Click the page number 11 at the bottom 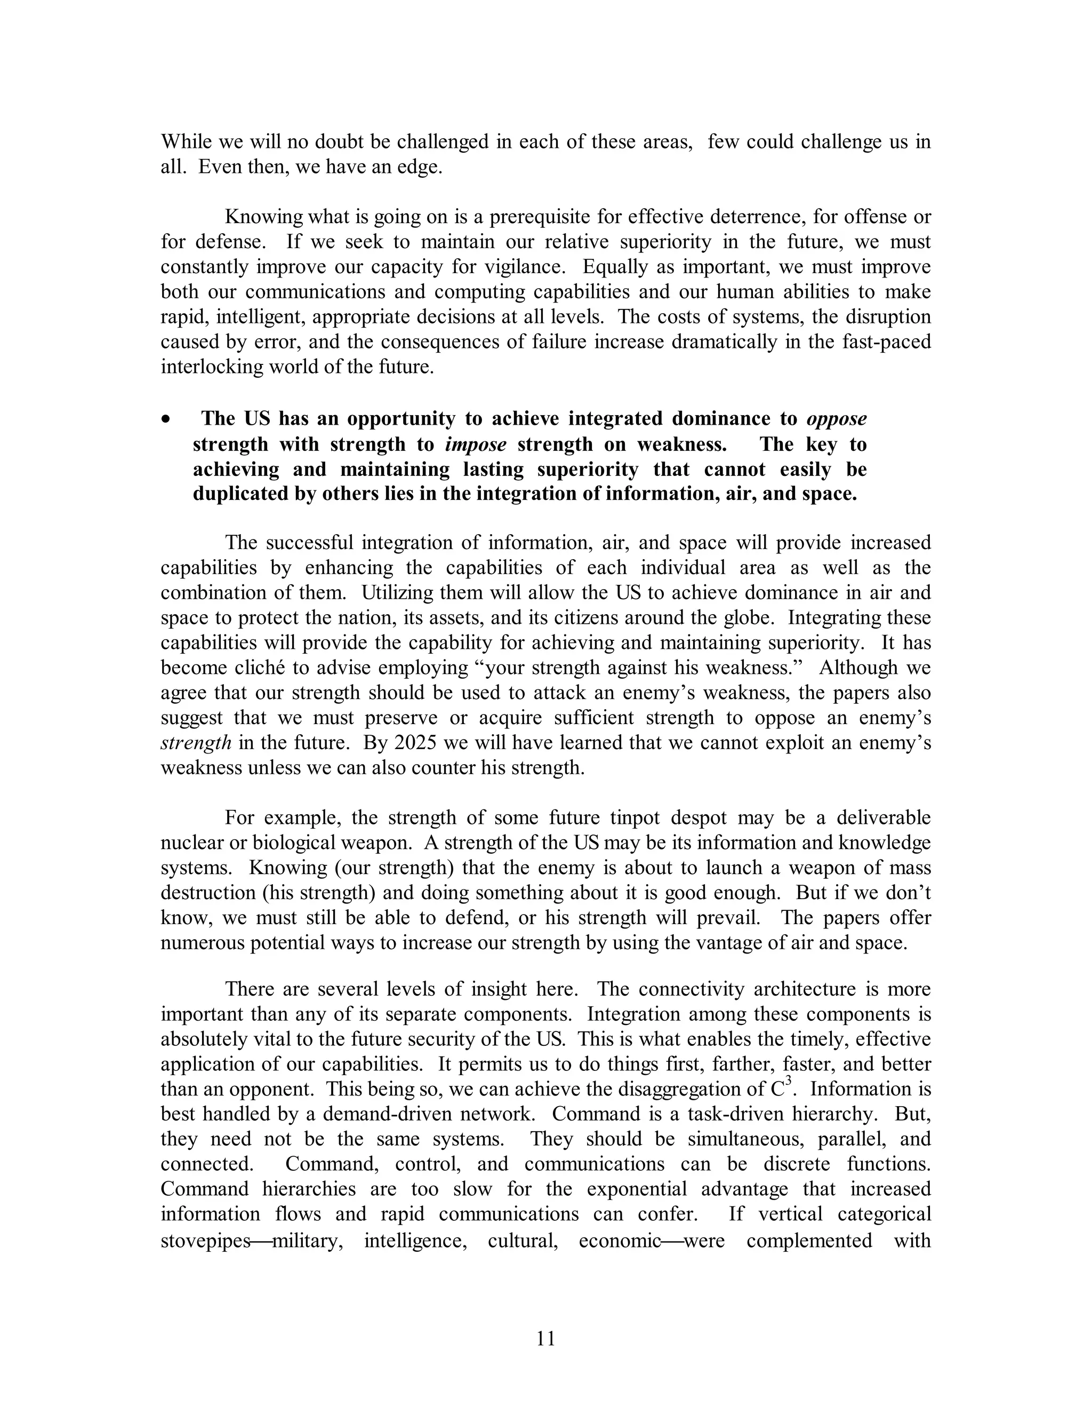coord(545,1338)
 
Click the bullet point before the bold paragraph coord(167,420)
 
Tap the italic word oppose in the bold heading coord(836,419)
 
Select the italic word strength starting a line coord(195,743)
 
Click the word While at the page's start coord(186,142)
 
